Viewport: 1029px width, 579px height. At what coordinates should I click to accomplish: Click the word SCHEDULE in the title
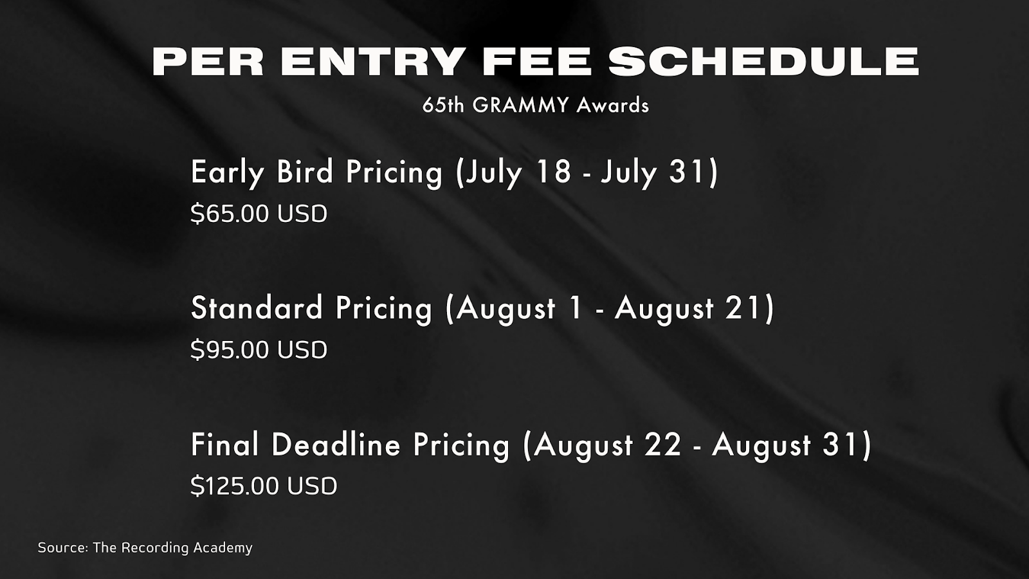tap(763, 62)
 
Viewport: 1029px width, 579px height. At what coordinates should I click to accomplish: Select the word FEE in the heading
tap(536, 62)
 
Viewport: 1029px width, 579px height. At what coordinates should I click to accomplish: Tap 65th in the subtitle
tap(443, 106)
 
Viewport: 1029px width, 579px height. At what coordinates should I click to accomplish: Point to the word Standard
tap(257, 308)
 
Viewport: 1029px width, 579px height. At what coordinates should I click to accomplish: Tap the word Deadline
tap(336, 445)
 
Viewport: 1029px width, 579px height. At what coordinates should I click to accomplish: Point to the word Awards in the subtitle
tap(613, 106)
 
